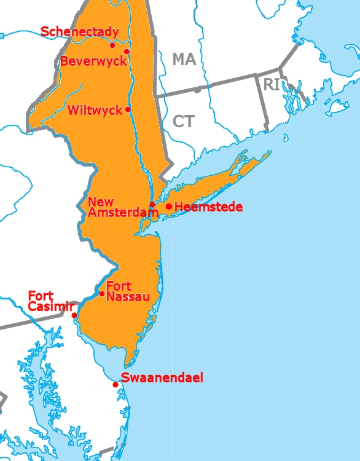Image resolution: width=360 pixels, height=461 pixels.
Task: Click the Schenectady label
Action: tap(79, 31)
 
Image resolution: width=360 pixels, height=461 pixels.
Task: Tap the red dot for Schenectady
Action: tap(112, 45)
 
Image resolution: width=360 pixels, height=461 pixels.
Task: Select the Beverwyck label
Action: tap(93, 61)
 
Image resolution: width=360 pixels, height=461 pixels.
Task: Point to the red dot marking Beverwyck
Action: tap(127, 52)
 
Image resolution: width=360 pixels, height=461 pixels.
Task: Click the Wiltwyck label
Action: tap(96, 111)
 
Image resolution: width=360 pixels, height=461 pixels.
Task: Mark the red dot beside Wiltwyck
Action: tap(128, 109)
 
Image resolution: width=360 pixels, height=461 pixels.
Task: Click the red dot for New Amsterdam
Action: tap(152, 205)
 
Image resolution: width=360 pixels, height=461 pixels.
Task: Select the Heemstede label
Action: tap(208, 207)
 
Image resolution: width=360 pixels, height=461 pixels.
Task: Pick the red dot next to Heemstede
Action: tap(168, 207)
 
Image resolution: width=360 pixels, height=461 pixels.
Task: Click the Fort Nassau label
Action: tap(128, 291)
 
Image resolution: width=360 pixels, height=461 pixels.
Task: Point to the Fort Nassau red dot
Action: tap(102, 293)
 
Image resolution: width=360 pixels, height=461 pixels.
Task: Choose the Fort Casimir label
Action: tap(50, 301)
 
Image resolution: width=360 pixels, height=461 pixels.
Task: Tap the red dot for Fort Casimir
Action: tap(74, 315)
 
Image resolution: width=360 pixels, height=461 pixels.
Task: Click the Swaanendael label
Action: tap(162, 377)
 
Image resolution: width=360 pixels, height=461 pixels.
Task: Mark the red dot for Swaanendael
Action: tap(115, 385)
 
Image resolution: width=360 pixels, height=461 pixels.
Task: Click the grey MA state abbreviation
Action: tap(183, 60)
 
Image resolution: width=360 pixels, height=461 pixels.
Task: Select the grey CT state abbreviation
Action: tap(183, 121)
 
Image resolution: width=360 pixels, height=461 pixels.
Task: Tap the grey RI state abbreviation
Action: tap(272, 85)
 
